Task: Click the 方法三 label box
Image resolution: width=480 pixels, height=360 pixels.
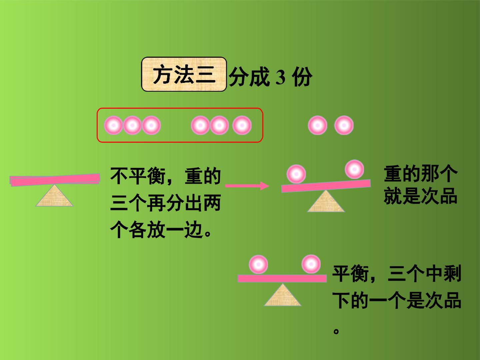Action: point(184,74)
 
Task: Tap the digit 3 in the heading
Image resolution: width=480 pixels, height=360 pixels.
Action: point(280,77)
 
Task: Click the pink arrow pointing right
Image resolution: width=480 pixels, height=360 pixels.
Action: point(247,186)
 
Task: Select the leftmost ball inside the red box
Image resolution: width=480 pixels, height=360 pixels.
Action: point(113,125)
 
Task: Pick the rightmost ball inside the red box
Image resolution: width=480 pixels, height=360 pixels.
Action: point(242,125)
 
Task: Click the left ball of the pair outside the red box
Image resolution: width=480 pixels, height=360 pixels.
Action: point(318,125)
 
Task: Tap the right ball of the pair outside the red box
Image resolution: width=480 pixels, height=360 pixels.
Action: point(344,125)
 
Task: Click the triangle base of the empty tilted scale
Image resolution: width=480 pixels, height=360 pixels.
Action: point(54,196)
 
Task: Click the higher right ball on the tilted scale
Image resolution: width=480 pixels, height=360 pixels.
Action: point(354,169)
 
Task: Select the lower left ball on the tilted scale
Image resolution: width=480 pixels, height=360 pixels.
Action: point(296,174)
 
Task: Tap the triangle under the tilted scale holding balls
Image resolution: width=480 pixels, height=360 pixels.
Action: point(326,202)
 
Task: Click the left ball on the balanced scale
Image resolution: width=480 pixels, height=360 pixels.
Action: point(258,264)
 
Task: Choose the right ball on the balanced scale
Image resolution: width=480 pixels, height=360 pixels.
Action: point(311,264)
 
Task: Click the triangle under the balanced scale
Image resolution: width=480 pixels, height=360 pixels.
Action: point(283,295)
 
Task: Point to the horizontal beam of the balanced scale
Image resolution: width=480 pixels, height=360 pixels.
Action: point(282,278)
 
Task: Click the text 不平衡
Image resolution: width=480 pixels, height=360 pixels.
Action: point(138,176)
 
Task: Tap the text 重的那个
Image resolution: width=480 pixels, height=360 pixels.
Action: point(421,174)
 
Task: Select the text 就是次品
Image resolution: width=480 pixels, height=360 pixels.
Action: point(420,196)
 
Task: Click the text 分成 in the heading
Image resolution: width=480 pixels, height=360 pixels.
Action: point(249,77)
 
